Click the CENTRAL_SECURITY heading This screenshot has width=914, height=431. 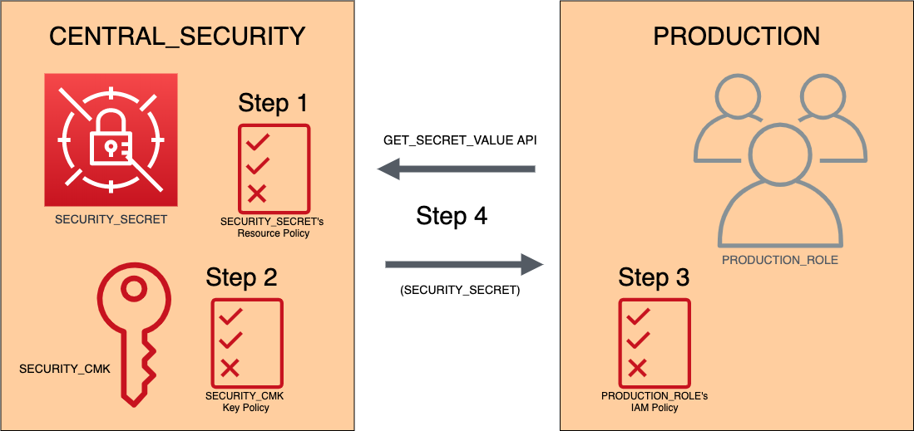tap(177, 37)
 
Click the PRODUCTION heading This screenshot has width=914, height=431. tap(736, 37)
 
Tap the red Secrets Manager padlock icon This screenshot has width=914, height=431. tap(111, 140)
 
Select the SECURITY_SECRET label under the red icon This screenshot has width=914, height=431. tap(111, 220)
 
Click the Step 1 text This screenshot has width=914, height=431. tap(273, 103)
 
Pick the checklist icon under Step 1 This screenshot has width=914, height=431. tap(274, 167)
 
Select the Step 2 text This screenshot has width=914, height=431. tap(241, 277)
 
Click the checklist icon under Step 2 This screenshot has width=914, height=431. tap(247, 341)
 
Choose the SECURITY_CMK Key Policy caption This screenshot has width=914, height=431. tap(245, 402)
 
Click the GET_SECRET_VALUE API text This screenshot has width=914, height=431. tap(460, 141)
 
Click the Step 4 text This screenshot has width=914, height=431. tap(452, 216)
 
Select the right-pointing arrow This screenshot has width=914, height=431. tap(463, 265)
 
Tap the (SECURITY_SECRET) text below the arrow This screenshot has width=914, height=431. tap(460, 291)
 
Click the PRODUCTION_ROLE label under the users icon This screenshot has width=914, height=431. tap(779, 260)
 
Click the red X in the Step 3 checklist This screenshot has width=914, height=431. tap(638, 367)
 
